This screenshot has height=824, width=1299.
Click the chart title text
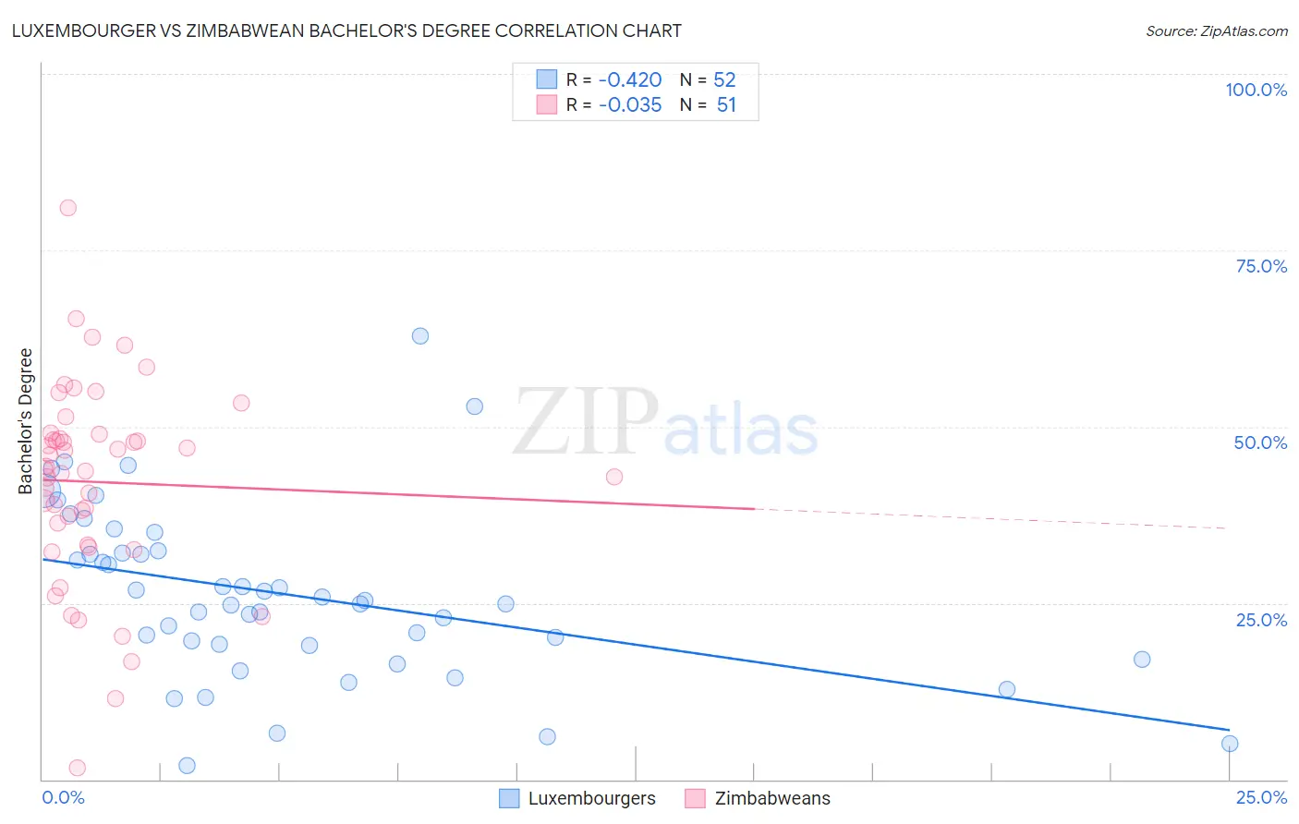click(346, 30)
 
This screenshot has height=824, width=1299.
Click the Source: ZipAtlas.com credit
click(1216, 30)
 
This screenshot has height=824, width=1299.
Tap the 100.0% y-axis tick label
click(1256, 90)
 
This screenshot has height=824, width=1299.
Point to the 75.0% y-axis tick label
click(1261, 266)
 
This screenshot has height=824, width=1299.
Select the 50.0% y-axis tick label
click(1260, 442)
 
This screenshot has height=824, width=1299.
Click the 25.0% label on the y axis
click(1261, 620)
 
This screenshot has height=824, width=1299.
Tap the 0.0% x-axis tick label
click(63, 797)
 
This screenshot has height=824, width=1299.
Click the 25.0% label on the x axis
click(1261, 797)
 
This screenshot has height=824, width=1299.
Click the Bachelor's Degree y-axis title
click(26, 421)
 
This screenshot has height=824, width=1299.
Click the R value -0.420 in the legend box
click(630, 79)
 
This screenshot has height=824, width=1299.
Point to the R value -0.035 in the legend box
click(630, 105)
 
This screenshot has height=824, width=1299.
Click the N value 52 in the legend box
click(724, 79)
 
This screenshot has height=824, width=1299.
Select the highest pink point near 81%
click(67, 208)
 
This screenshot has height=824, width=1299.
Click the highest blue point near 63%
click(420, 336)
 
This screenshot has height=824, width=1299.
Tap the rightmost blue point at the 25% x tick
click(1230, 744)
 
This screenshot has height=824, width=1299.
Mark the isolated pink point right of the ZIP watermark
click(614, 477)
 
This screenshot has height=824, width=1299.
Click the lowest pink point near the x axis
click(78, 768)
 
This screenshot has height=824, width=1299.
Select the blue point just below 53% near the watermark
click(475, 406)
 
